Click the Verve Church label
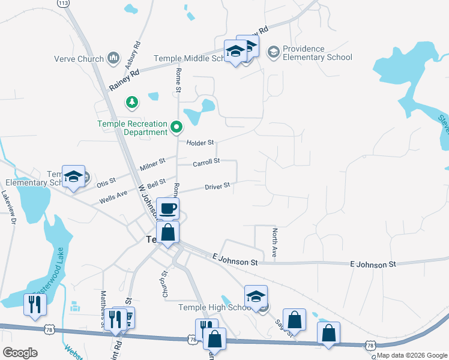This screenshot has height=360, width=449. [x=79, y=58]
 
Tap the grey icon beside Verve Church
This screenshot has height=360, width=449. [x=113, y=58]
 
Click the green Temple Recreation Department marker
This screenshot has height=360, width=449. [x=176, y=127]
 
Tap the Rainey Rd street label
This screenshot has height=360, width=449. [x=124, y=80]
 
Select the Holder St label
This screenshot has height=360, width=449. [x=200, y=143]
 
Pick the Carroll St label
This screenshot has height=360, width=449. [x=206, y=163]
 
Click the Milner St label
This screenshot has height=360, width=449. [x=152, y=164]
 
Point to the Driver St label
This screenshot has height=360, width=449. [x=217, y=187]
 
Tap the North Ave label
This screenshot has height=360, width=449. [x=274, y=243]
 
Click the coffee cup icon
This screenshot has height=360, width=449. [x=168, y=208]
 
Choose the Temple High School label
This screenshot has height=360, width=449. [x=214, y=308]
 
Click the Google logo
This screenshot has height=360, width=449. [x=20, y=353]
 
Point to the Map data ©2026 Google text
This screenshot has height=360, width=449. [x=411, y=355]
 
